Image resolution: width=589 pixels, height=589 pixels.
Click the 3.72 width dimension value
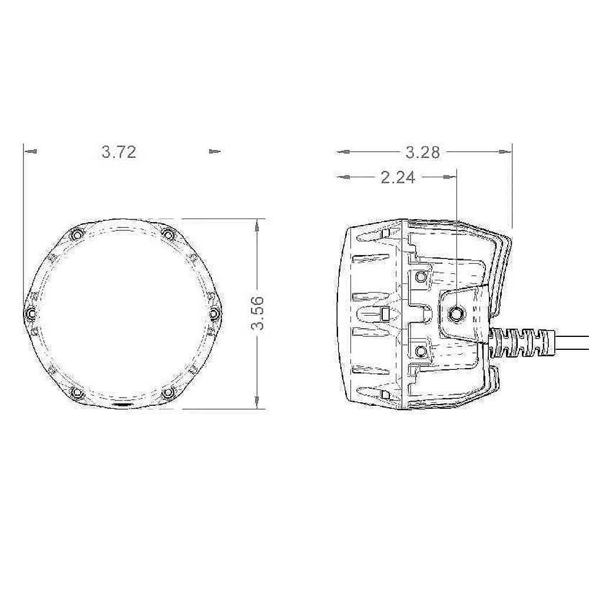(119, 152)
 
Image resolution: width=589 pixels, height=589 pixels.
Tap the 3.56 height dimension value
(258, 313)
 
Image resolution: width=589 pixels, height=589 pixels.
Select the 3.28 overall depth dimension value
(422, 152)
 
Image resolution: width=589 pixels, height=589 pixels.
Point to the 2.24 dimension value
(398, 177)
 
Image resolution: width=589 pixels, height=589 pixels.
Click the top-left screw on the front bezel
(77, 234)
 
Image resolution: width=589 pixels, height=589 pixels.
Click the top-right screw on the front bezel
(168, 235)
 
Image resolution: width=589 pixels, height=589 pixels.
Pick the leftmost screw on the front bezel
(31, 313)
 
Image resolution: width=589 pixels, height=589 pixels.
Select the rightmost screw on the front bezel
(214, 313)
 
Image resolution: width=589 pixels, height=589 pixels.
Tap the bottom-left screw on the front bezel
(77, 392)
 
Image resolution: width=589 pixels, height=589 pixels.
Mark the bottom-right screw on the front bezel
(168, 392)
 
